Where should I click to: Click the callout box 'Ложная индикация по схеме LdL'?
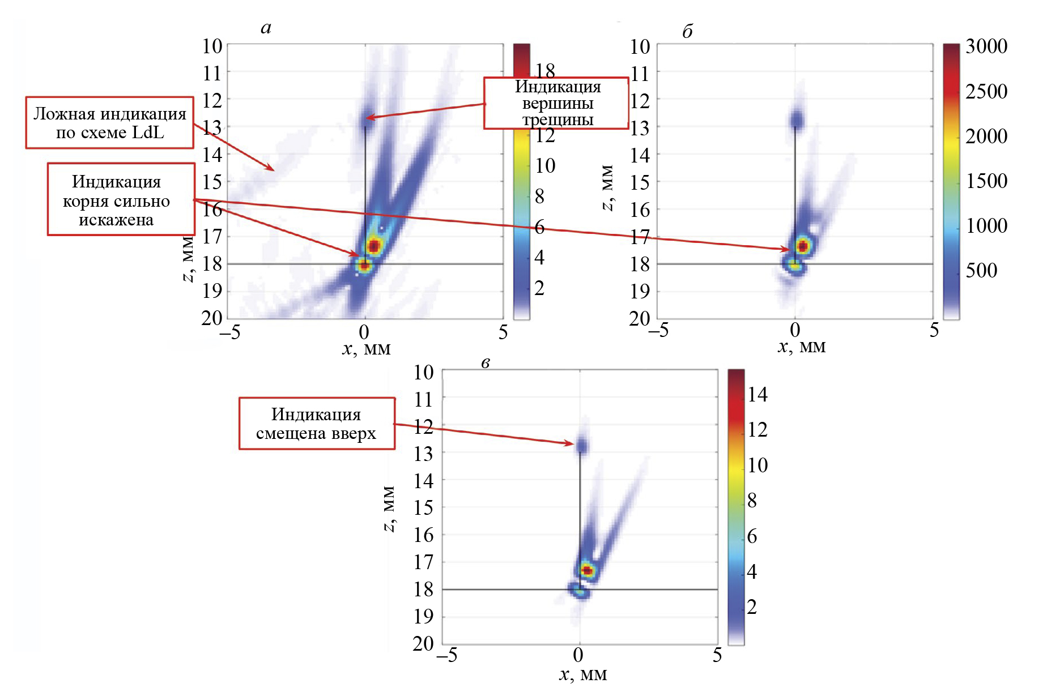[109, 123]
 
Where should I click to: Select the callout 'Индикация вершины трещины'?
[556, 103]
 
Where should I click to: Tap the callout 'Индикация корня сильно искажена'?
[121, 199]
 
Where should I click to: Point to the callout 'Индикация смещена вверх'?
[316, 424]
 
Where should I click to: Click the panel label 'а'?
[266, 28]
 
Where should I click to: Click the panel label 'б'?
[687, 32]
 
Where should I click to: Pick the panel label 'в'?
[485, 363]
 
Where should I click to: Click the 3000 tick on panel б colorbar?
[986, 46]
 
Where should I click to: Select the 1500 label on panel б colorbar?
[986, 181]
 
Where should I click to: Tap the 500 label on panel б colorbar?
[981, 270]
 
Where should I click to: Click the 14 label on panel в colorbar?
[757, 395]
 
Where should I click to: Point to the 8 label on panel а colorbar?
[539, 197]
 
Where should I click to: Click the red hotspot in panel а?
[373, 246]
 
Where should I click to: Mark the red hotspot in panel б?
[802, 246]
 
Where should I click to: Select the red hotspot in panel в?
[588, 570]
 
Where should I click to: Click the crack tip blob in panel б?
[797, 119]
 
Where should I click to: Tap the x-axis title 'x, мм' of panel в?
[583, 674]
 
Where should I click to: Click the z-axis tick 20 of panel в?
[423, 644]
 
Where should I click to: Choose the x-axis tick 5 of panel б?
[934, 330]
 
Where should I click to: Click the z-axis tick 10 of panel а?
[212, 46]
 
